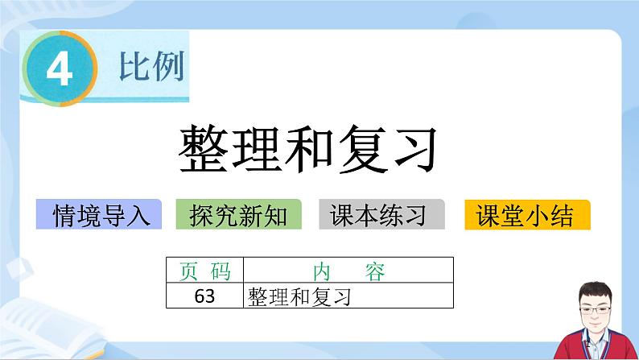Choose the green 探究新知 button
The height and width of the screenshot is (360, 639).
click(x=238, y=215)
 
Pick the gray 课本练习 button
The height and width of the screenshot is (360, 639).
click(x=382, y=215)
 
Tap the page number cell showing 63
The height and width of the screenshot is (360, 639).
click(x=205, y=296)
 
